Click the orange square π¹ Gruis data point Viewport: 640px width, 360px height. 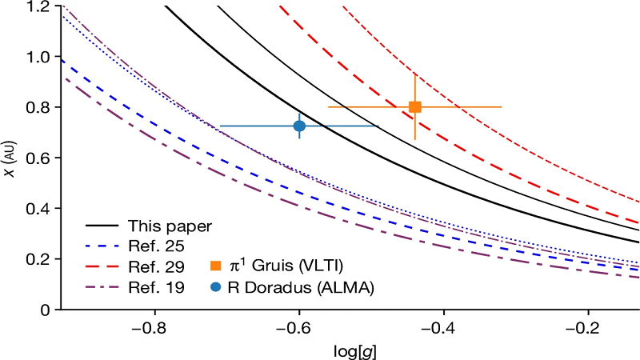[x=414, y=107]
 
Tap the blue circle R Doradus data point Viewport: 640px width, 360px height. [x=299, y=126]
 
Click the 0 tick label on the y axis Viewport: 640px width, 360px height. [x=45, y=309]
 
